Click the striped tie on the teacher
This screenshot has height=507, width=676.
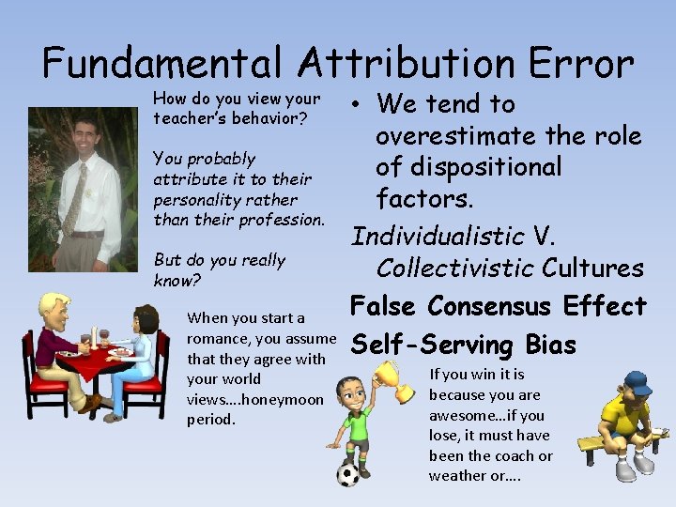click(72, 198)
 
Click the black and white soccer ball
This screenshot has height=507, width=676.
click(349, 474)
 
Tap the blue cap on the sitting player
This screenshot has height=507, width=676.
click(636, 385)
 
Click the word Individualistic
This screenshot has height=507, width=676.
click(438, 235)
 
